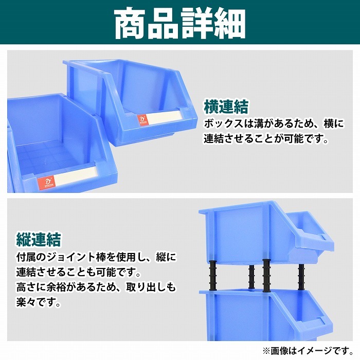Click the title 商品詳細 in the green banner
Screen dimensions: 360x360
pyautogui.click(x=179, y=23)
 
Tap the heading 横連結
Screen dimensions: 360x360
pyautogui.click(x=226, y=107)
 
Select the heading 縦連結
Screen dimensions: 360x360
pyautogui.click(x=39, y=239)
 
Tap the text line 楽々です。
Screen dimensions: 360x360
pyautogui.click(x=35, y=303)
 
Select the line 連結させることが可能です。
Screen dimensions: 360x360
pyautogui.click(x=265, y=139)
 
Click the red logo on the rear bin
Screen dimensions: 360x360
pyautogui.click(x=141, y=120)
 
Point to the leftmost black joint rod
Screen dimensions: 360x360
pyautogui.click(x=211, y=276)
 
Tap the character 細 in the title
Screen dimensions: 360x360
pyautogui.click(x=229, y=23)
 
